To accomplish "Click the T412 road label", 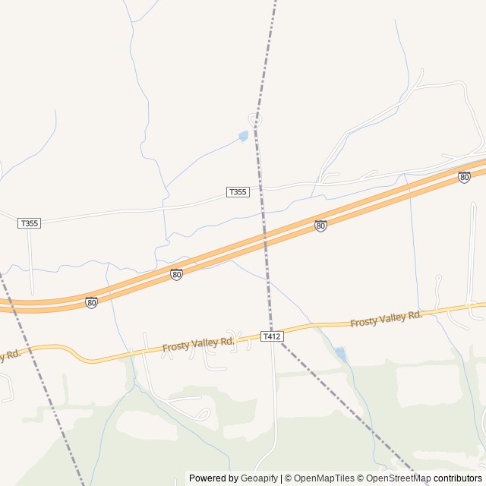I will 271,336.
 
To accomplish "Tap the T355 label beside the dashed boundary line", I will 238,192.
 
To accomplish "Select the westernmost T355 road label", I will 29,223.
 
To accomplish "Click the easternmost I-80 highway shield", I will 464,178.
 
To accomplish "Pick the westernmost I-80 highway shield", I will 91,302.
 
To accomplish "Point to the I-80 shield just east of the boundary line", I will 320,226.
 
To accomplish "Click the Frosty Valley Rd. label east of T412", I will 386,319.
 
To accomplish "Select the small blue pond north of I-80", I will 243,137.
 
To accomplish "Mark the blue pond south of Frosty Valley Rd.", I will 341,354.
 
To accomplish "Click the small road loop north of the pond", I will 256,118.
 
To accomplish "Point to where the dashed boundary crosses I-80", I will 265,242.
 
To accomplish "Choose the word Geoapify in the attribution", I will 260,478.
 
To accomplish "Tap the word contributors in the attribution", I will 458,478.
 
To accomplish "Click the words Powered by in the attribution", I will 213,478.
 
